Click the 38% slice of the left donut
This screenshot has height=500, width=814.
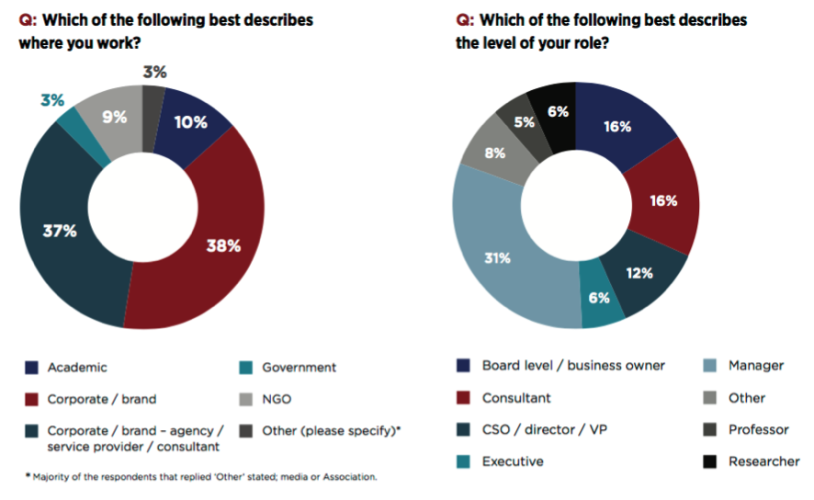(223, 245)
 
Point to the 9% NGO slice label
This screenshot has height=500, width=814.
(115, 117)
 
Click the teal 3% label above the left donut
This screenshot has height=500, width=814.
(51, 98)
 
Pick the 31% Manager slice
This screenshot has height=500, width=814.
(496, 257)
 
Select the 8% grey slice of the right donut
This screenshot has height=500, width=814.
(494, 153)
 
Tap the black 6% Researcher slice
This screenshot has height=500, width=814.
(558, 111)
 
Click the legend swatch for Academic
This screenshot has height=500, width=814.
(31, 368)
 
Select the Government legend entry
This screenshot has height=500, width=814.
(299, 368)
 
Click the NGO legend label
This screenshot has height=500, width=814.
(277, 400)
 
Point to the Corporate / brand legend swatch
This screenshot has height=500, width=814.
(31, 400)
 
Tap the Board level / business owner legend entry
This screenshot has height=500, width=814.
(573, 365)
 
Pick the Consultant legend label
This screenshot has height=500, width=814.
(516, 398)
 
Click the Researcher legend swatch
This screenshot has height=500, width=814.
(711, 461)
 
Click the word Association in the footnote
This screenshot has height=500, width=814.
(345, 477)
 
